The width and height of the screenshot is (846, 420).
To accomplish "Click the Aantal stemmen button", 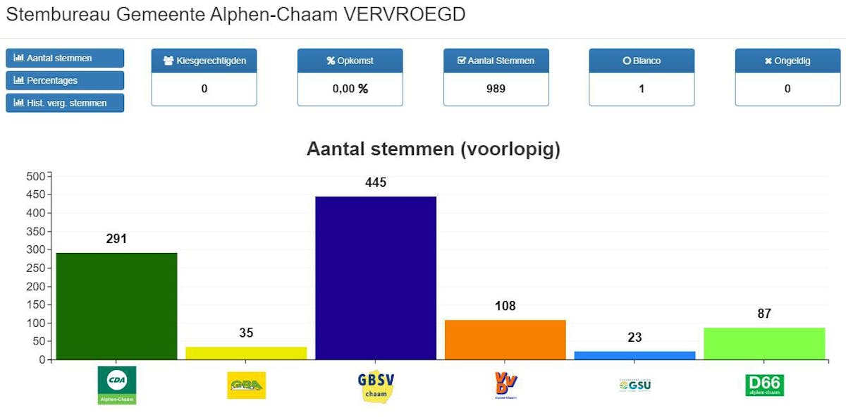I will click(65, 58).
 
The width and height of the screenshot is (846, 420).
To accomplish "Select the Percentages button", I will click(65, 80).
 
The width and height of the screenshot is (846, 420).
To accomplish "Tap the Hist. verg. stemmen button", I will click(65, 103).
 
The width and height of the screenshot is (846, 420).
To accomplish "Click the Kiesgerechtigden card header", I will click(204, 61).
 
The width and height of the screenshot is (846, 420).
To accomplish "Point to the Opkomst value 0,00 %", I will click(350, 89).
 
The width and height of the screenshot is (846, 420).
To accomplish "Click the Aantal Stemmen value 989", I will click(496, 89).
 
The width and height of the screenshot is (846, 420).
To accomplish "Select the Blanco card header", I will click(642, 61).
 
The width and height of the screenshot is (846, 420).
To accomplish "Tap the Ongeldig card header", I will click(787, 61).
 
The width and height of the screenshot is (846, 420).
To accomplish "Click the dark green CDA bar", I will click(116, 306).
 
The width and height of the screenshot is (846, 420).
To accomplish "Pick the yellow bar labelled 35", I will click(246, 353).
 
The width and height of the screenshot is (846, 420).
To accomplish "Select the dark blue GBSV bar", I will click(376, 278).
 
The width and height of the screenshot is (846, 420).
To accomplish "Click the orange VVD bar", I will click(505, 340).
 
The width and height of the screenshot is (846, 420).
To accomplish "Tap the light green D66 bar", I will click(764, 343).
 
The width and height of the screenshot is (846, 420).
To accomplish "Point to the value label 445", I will click(376, 183).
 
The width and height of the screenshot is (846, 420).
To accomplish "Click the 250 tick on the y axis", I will click(35, 268).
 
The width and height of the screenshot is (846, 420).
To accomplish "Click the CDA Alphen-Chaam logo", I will click(116, 385).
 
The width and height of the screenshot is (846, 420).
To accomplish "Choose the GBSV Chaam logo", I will click(376, 385).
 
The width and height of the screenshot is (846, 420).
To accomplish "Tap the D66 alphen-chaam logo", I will click(764, 385).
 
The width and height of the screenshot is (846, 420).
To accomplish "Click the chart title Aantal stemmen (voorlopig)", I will click(433, 149).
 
